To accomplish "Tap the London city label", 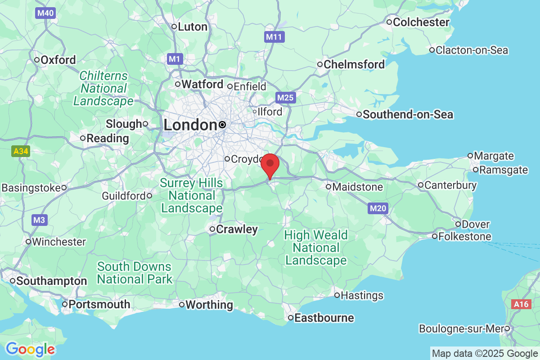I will [x=191, y=125].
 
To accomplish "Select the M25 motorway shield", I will [x=286, y=98].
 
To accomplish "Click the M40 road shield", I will [x=45, y=13].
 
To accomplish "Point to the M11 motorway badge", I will [x=274, y=37].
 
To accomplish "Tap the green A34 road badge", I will [x=21, y=151].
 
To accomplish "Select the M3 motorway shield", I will [x=39, y=220].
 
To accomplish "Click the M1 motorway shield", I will [x=174, y=58].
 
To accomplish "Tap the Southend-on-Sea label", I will [x=408, y=115].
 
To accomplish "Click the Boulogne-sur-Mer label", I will [x=461, y=329].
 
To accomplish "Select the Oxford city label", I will [x=58, y=60].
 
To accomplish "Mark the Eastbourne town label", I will [x=324, y=318].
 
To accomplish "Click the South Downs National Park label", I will [x=134, y=273].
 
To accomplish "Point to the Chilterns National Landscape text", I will [x=103, y=88].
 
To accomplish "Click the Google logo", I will [x=30, y=349].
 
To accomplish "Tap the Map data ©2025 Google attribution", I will [x=485, y=353].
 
